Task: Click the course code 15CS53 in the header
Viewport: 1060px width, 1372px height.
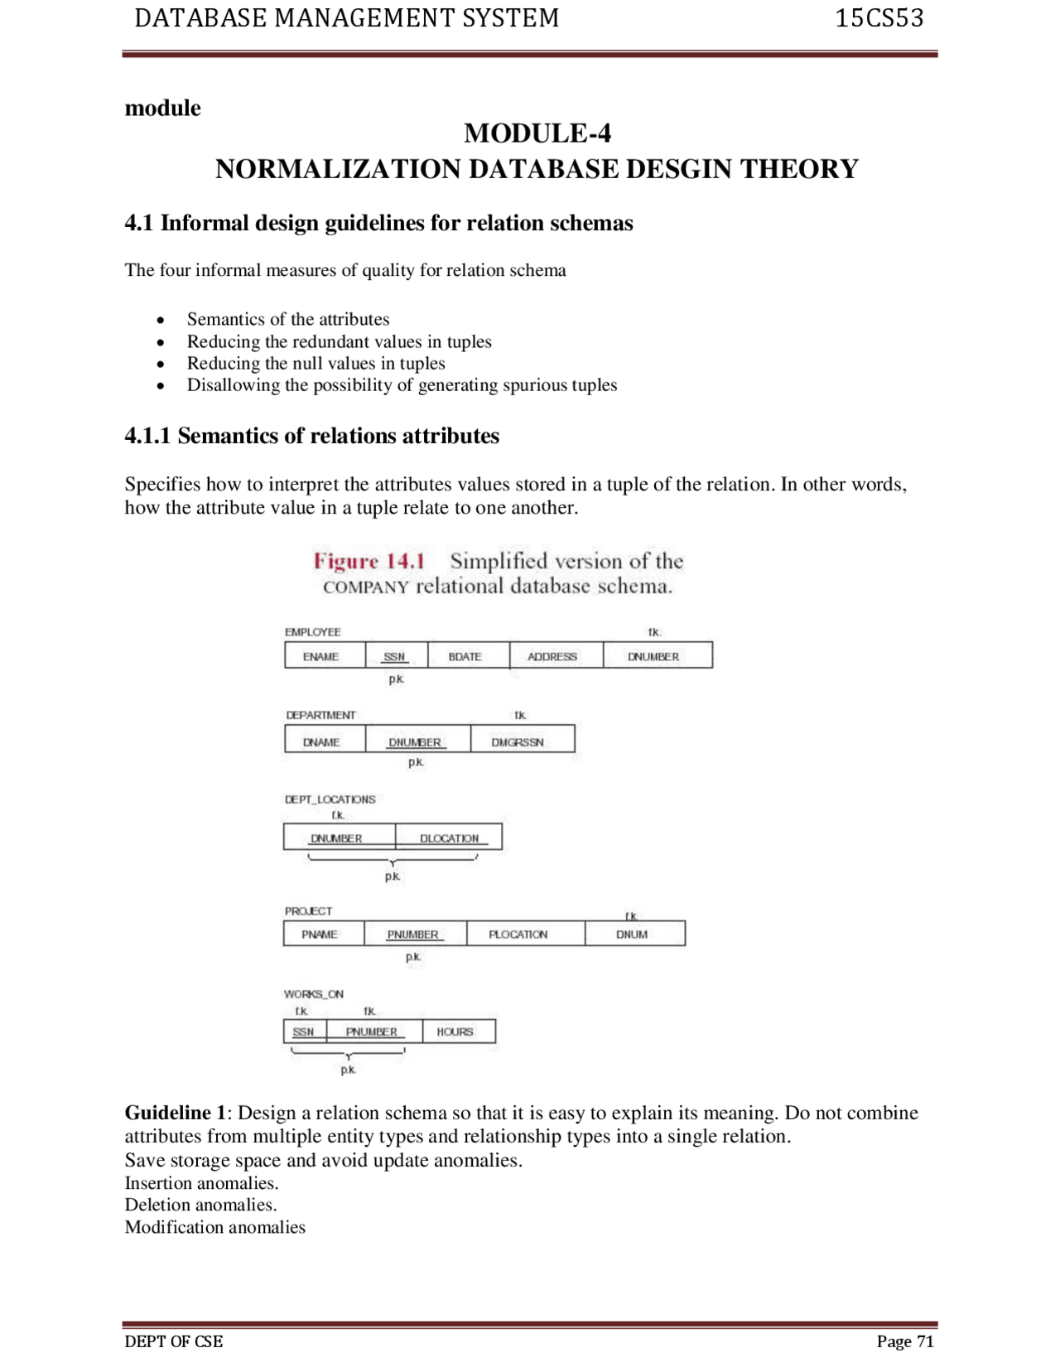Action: click(879, 18)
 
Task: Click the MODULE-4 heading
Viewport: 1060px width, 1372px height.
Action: click(537, 133)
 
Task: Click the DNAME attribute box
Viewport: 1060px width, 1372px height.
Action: click(323, 740)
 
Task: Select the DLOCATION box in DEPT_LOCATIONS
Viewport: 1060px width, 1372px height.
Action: click(449, 837)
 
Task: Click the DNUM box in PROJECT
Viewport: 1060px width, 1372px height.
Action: click(634, 934)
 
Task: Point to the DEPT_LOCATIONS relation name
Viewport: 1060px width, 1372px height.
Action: click(330, 800)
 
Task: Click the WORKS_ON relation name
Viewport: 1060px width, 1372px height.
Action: click(313, 994)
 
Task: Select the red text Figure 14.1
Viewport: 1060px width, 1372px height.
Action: click(369, 561)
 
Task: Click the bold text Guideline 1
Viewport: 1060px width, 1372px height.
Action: click(175, 1113)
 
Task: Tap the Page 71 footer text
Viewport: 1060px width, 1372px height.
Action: click(904, 1341)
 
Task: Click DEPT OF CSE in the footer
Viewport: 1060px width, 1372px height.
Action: click(173, 1341)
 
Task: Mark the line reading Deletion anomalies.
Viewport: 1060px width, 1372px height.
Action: click(200, 1205)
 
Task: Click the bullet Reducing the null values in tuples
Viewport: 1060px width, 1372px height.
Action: click(316, 363)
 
